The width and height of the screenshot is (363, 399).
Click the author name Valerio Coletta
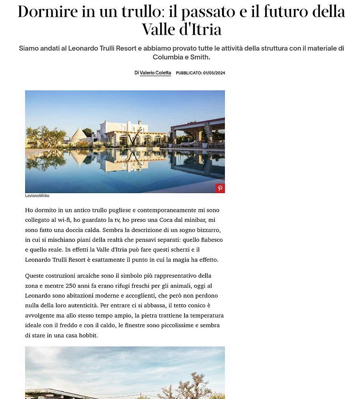point(155,73)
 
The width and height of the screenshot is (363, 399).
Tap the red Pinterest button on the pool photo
point(220,188)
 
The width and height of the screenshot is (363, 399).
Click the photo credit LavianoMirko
point(37,196)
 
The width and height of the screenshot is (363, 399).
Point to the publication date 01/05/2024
point(214,73)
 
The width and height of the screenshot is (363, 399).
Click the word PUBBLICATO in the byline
point(188,73)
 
